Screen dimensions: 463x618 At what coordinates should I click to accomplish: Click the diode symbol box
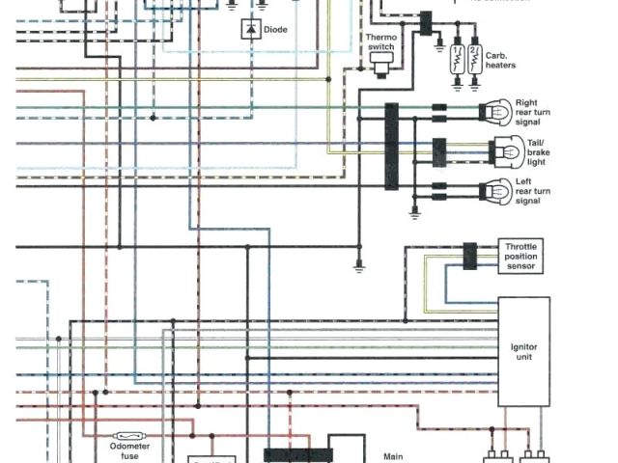point(251,30)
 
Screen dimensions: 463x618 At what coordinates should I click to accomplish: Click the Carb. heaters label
point(500,60)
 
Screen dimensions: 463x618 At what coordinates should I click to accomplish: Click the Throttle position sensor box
point(520,256)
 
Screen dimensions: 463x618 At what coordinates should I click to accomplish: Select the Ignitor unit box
point(523,352)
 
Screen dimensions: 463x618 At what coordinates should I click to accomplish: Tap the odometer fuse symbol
point(130,436)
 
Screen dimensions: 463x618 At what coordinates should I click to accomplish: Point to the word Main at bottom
point(393,457)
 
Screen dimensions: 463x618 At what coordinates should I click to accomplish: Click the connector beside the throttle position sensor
point(470,256)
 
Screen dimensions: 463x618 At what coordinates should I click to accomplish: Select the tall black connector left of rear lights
point(392,147)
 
